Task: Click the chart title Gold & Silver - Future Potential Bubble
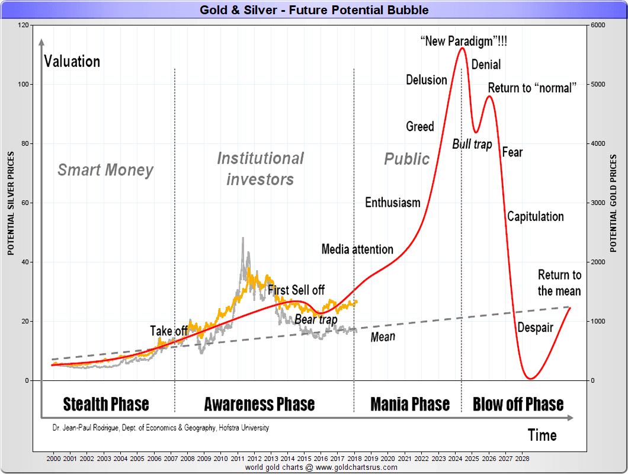(x=314, y=10)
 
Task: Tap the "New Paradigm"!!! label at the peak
(x=464, y=41)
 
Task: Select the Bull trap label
(x=472, y=144)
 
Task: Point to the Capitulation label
(x=535, y=216)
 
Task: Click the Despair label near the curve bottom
(x=535, y=327)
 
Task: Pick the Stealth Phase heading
(x=106, y=404)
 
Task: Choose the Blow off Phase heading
(x=518, y=404)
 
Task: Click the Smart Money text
(x=105, y=170)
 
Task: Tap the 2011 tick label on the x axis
(x=238, y=459)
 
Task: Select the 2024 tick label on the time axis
(x=456, y=459)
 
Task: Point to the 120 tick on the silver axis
(x=24, y=25)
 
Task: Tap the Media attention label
(x=357, y=249)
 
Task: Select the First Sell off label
(x=296, y=290)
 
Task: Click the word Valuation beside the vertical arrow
(x=72, y=61)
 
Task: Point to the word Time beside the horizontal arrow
(x=542, y=435)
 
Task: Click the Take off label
(x=169, y=331)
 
